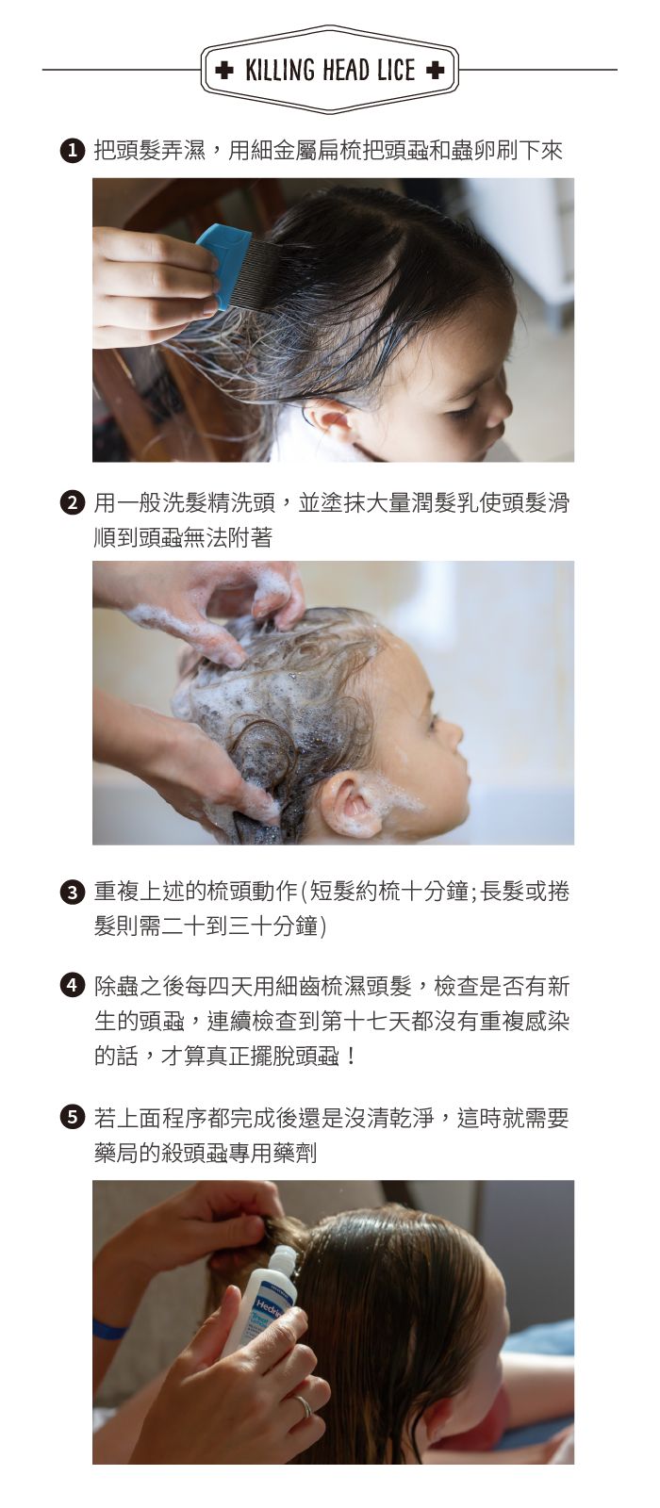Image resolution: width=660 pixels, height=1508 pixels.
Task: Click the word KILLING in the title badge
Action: (x=280, y=70)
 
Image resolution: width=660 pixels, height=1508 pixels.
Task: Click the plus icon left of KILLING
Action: (x=224, y=70)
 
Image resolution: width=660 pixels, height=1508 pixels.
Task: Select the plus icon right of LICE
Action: (x=436, y=70)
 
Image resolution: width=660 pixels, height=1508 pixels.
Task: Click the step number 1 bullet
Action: (x=72, y=151)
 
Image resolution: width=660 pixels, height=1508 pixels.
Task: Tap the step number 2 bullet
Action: (x=72, y=503)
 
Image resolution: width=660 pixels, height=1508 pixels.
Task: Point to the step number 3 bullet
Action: (x=72, y=893)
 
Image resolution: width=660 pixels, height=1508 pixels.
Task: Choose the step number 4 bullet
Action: (x=72, y=986)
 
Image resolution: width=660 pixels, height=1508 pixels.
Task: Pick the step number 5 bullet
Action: (x=72, y=1118)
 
